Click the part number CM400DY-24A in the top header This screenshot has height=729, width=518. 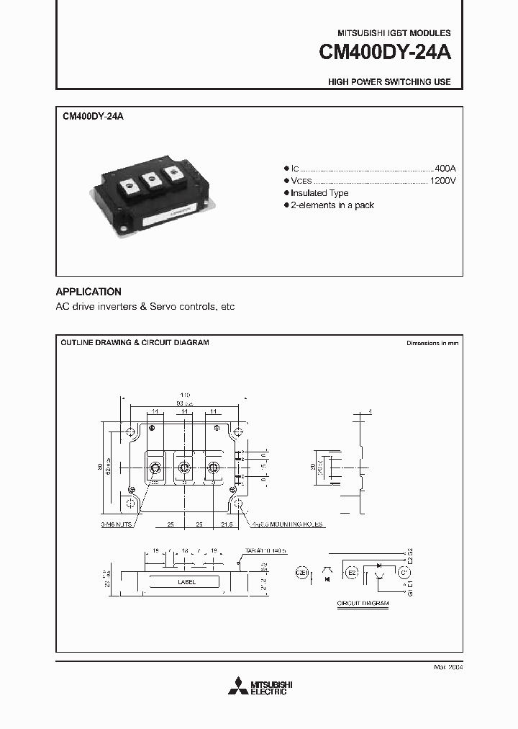point(386,54)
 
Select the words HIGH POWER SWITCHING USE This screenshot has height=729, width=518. point(389,82)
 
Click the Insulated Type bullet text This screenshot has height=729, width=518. point(319,193)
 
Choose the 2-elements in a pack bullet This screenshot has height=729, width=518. point(332,206)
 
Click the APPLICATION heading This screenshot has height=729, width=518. point(88,292)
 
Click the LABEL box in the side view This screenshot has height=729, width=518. point(183,582)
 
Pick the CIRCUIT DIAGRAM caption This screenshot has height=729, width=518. point(363,603)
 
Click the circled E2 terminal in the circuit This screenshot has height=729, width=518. point(353,573)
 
